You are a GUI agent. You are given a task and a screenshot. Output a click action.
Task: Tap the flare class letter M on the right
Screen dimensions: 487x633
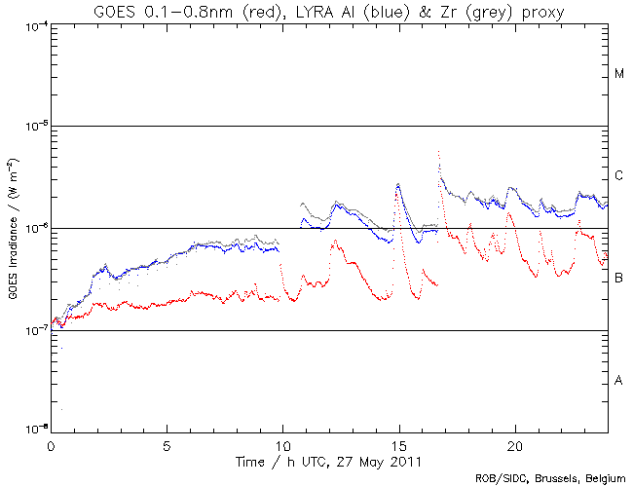pos(619,74)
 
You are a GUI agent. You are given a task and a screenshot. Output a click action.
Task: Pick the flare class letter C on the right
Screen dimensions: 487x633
pos(619,176)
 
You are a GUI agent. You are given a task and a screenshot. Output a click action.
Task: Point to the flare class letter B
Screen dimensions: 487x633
pos(619,279)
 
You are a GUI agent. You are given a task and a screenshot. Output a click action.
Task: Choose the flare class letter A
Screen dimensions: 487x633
pos(619,381)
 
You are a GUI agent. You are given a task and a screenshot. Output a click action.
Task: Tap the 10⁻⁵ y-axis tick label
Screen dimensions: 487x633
pos(33,127)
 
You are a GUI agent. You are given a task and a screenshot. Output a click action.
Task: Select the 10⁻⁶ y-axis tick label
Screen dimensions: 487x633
pos(33,229)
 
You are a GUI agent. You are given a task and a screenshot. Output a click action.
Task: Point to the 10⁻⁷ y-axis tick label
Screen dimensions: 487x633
pos(33,331)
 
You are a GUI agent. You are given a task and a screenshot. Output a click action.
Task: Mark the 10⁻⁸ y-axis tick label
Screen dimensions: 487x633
pos(33,429)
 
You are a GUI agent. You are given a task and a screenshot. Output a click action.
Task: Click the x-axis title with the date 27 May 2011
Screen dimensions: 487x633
pos(328,459)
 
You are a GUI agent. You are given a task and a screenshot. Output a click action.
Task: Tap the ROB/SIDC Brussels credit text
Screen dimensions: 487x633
pos(548,478)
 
